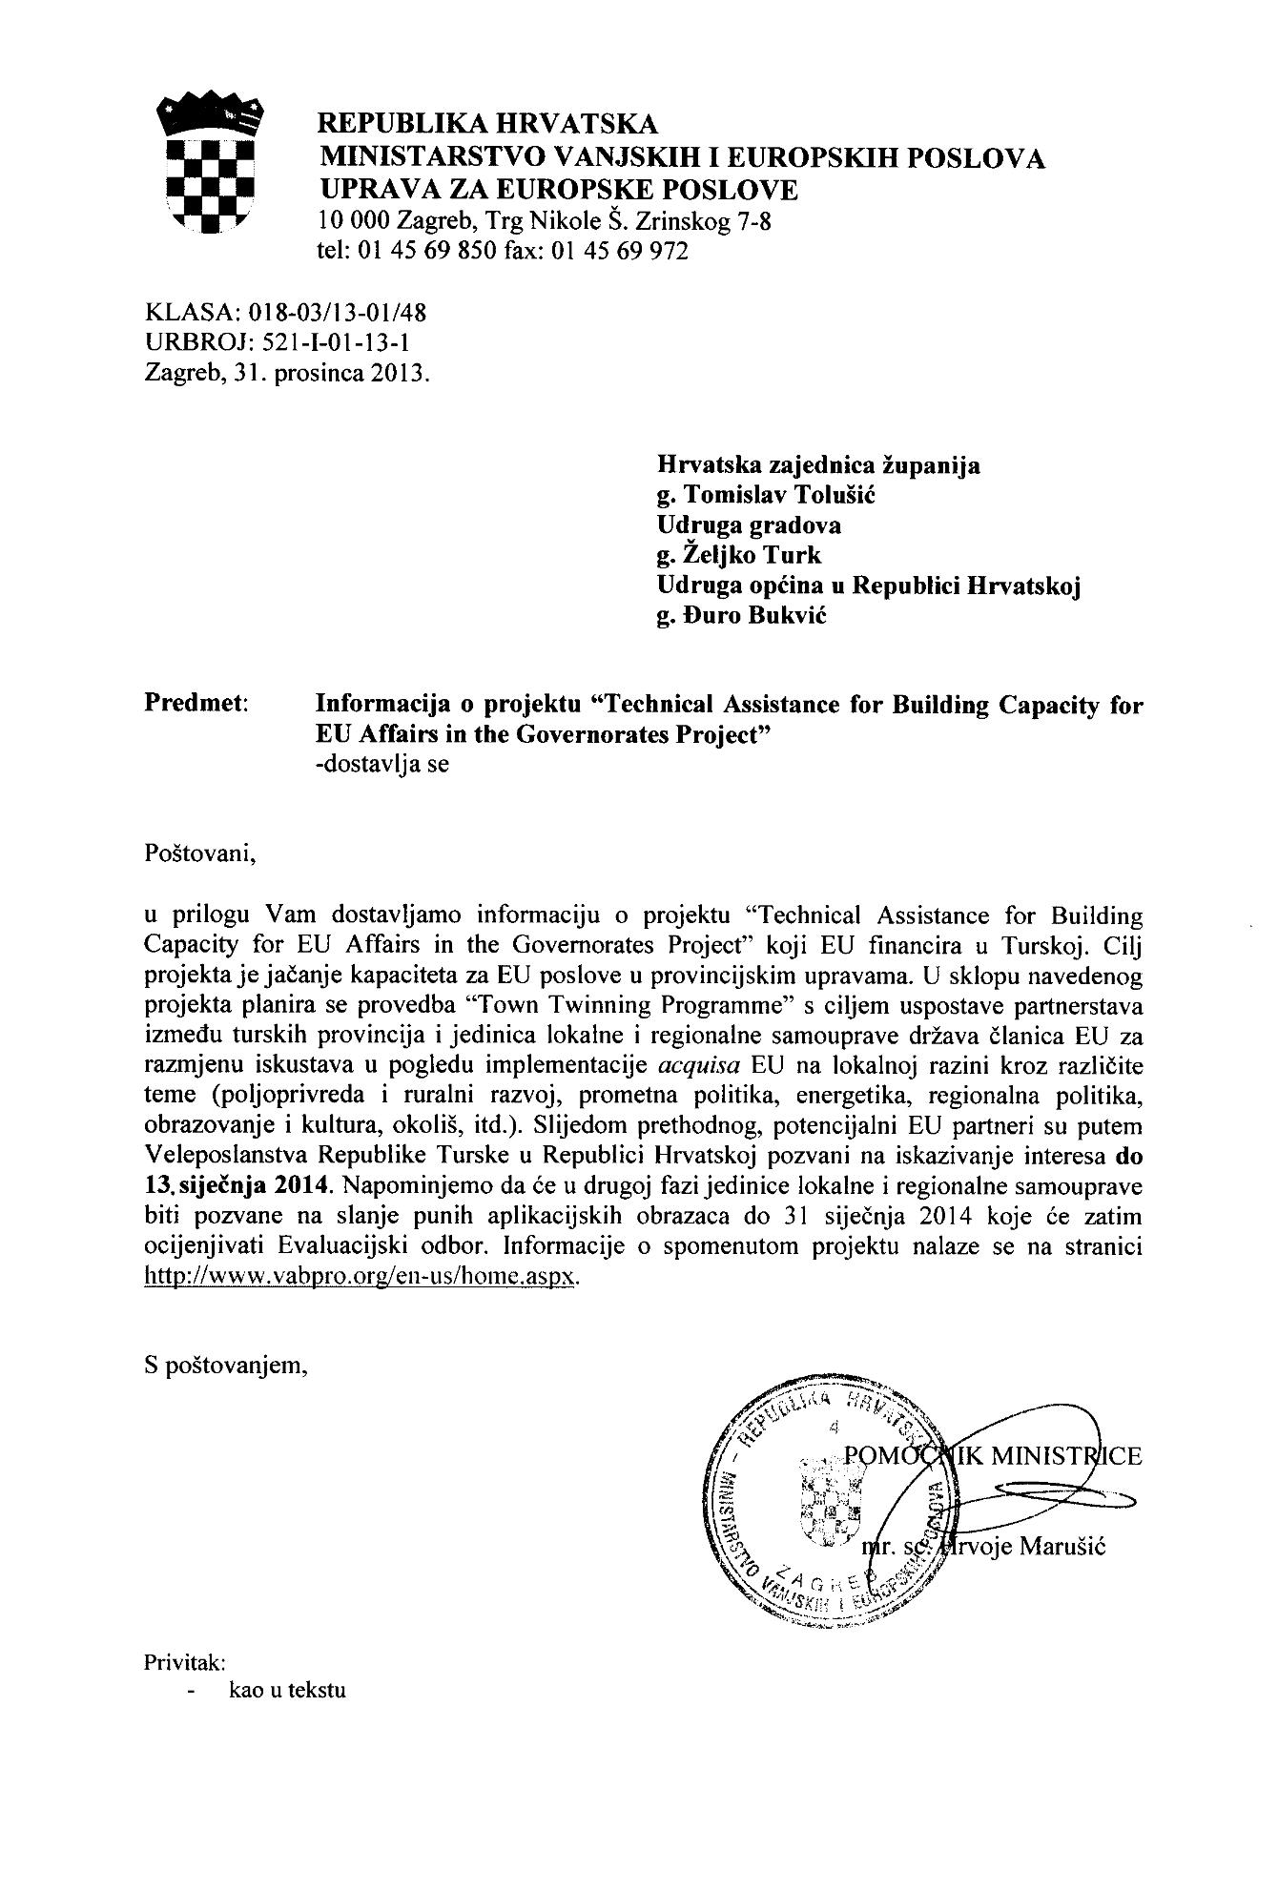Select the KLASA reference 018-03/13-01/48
tap(338, 312)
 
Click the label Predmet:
tap(196, 706)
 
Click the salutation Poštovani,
tap(201, 853)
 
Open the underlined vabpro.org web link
tap(361, 1277)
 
